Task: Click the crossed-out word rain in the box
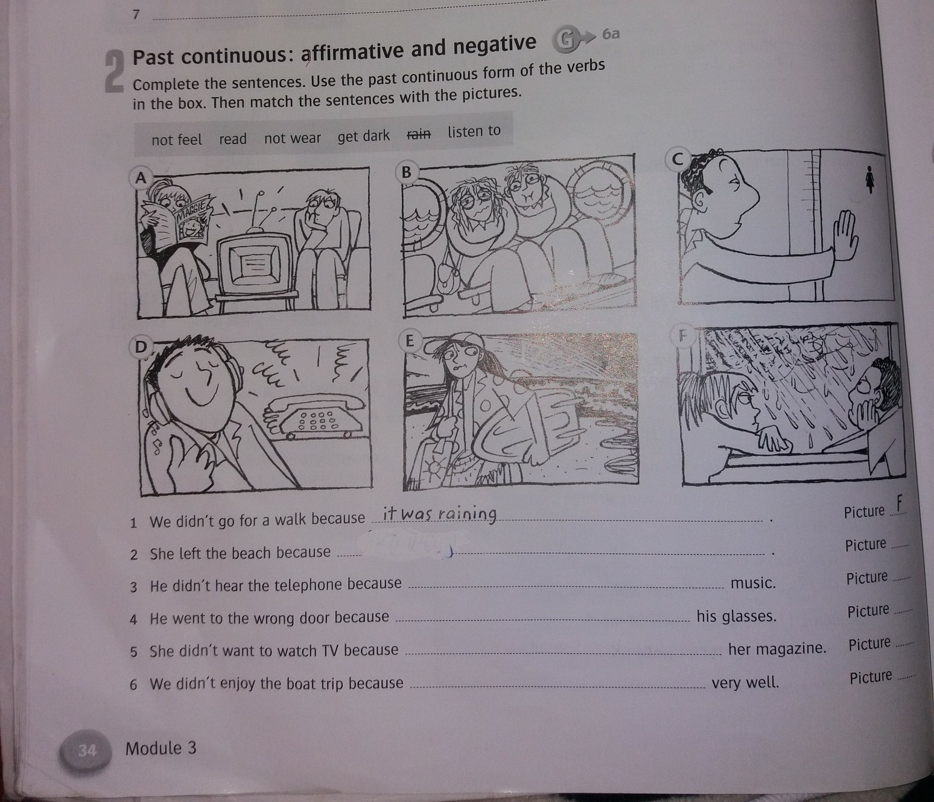pos(419,134)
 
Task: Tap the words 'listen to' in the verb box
pos(474,131)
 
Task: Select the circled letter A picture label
pos(141,178)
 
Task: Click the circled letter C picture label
pos(678,159)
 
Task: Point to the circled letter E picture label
pos(410,341)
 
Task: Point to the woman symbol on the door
pos(869,179)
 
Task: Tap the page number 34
pos(87,750)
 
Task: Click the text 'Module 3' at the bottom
pos(161,749)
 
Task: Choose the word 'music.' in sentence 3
pos(753,583)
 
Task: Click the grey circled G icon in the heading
pos(564,40)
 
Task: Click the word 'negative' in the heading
pos(495,45)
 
